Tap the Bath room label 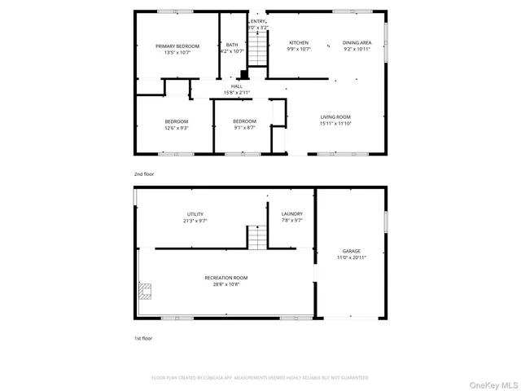[x=232, y=48]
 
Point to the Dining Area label [x=357, y=46]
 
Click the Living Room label [x=335, y=120]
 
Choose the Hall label [x=237, y=89]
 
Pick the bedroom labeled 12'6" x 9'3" [x=177, y=125]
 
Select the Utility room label [x=195, y=217]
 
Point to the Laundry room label [x=291, y=217]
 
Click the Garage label [x=352, y=254]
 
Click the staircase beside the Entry [x=257, y=51]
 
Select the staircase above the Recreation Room [x=257, y=238]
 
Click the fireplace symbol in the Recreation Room [x=146, y=291]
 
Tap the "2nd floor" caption [x=144, y=174]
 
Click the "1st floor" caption [x=143, y=338]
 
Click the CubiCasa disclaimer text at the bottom [x=260, y=378]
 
